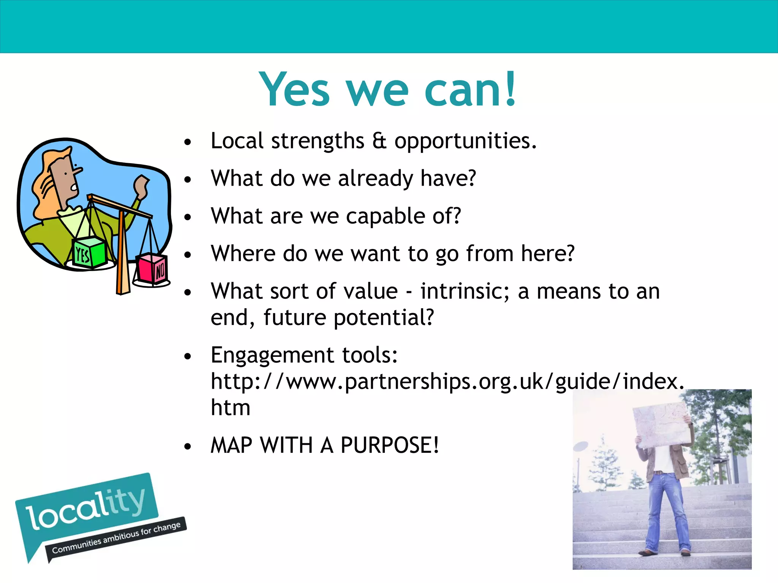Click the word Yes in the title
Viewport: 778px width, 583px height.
click(294, 90)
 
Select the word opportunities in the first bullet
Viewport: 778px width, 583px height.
click(465, 142)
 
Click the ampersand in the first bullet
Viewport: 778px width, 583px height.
click(379, 141)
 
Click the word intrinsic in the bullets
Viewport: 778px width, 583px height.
click(464, 291)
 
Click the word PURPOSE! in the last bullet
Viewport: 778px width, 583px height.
click(389, 445)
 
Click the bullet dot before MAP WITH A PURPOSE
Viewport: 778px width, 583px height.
click(187, 446)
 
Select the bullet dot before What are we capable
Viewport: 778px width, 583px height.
click(187, 217)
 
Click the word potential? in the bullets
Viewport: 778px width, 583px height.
click(384, 318)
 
